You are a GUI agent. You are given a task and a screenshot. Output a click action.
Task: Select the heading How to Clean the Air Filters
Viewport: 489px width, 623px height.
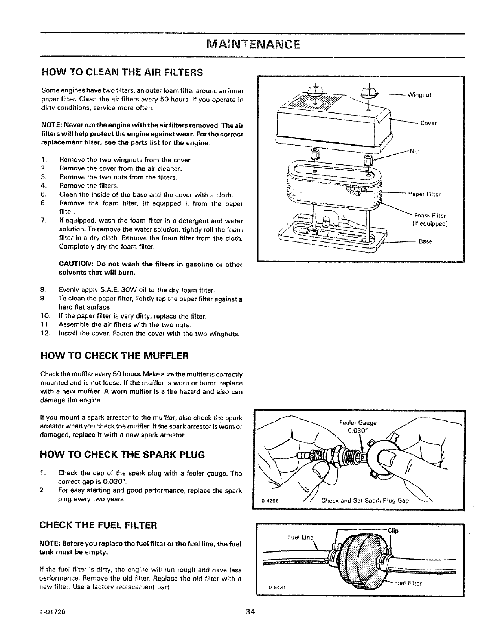tap(122, 72)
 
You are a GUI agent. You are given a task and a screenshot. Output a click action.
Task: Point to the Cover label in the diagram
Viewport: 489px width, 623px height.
tap(428, 123)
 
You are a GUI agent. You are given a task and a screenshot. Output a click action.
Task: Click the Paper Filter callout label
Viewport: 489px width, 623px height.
tap(425, 194)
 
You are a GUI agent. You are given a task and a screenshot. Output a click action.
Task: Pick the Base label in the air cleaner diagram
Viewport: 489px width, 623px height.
tap(425, 241)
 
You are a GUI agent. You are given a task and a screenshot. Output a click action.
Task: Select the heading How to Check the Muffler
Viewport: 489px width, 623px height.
tap(115, 356)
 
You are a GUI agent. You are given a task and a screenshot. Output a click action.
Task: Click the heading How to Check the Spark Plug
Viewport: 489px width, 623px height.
tap(123, 455)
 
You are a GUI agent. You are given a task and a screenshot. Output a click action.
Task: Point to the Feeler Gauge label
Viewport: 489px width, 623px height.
tap(357, 423)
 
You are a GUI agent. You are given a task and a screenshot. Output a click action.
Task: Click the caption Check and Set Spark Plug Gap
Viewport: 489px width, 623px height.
tap(365, 501)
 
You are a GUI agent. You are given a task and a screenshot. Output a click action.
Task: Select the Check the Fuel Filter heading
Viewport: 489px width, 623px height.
tap(99, 525)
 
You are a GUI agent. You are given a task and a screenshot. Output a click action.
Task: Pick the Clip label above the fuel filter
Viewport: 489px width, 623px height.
tap(393, 530)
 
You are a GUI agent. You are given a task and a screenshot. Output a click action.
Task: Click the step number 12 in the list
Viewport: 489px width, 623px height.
tap(45, 334)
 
